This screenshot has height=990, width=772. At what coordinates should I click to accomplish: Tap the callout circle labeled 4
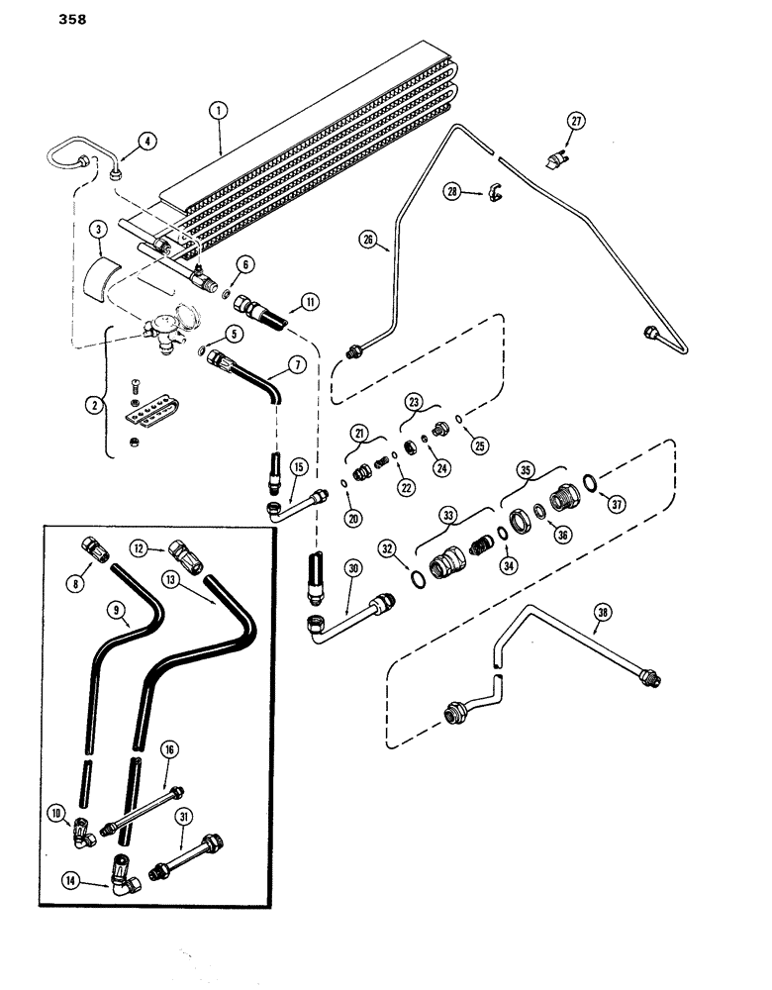click(147, 142)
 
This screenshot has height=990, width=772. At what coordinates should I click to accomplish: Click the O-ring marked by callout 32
click(417, 577)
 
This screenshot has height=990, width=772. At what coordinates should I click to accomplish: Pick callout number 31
click(183, 816)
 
